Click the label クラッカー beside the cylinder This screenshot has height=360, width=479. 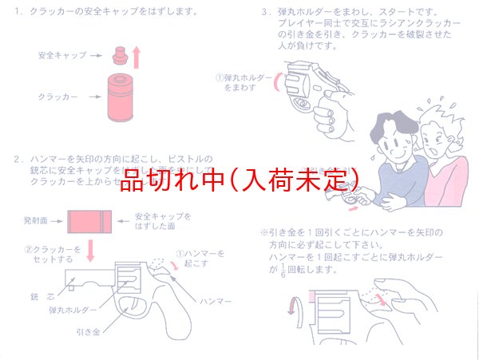pos(58,97)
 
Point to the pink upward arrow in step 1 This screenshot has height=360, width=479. pos(137,57)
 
